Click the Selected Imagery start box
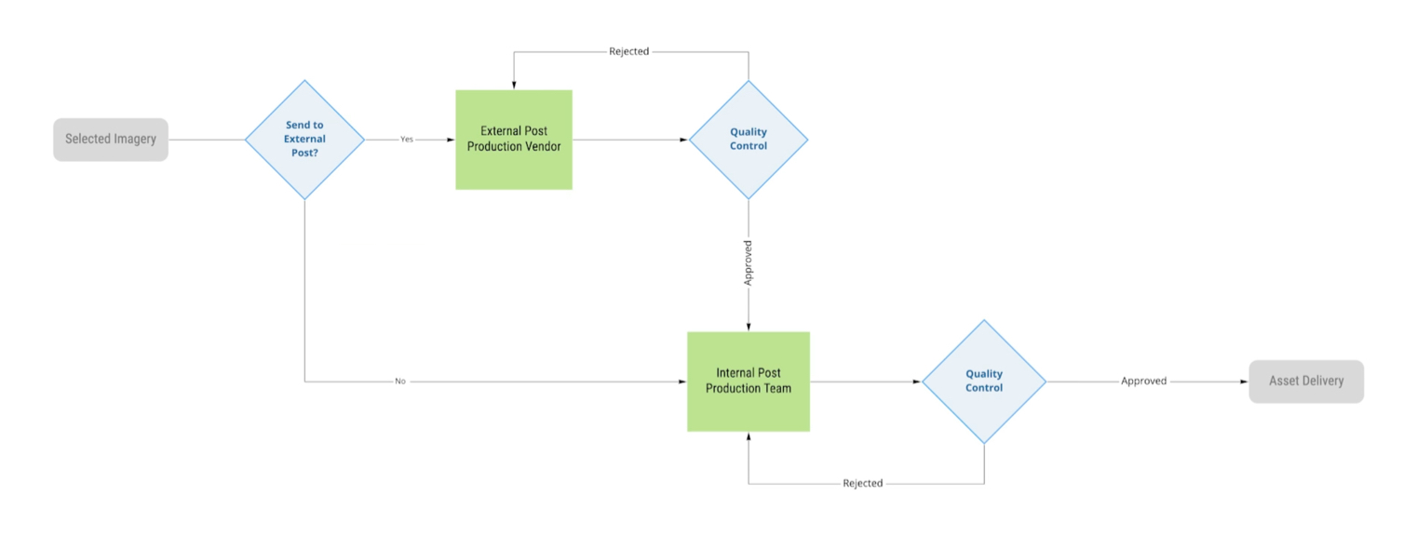tap(111, 140)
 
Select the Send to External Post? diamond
tap(304, 140)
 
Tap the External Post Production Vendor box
tap(514, 140)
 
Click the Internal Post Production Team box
tap(749, 381)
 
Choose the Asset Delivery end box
tap(1306, 381)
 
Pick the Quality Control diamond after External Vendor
tap(749, 140)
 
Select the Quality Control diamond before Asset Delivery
tap(984, 381)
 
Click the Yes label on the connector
tap(407, 140)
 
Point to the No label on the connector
tap(400, 381)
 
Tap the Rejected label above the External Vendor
tap(629, 52)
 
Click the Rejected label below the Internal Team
tap(863, 484)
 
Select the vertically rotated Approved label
tap(749, 263)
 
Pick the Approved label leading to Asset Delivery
tap(1143, 381)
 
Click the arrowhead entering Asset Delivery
tap(1244, 381)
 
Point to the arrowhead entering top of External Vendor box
tap(514, 85)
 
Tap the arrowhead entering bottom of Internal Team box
tap(749, 436)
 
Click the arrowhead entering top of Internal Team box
tap(749, 327)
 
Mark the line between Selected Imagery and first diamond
tap(206, 140)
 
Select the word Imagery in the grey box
tap(134, 140)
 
